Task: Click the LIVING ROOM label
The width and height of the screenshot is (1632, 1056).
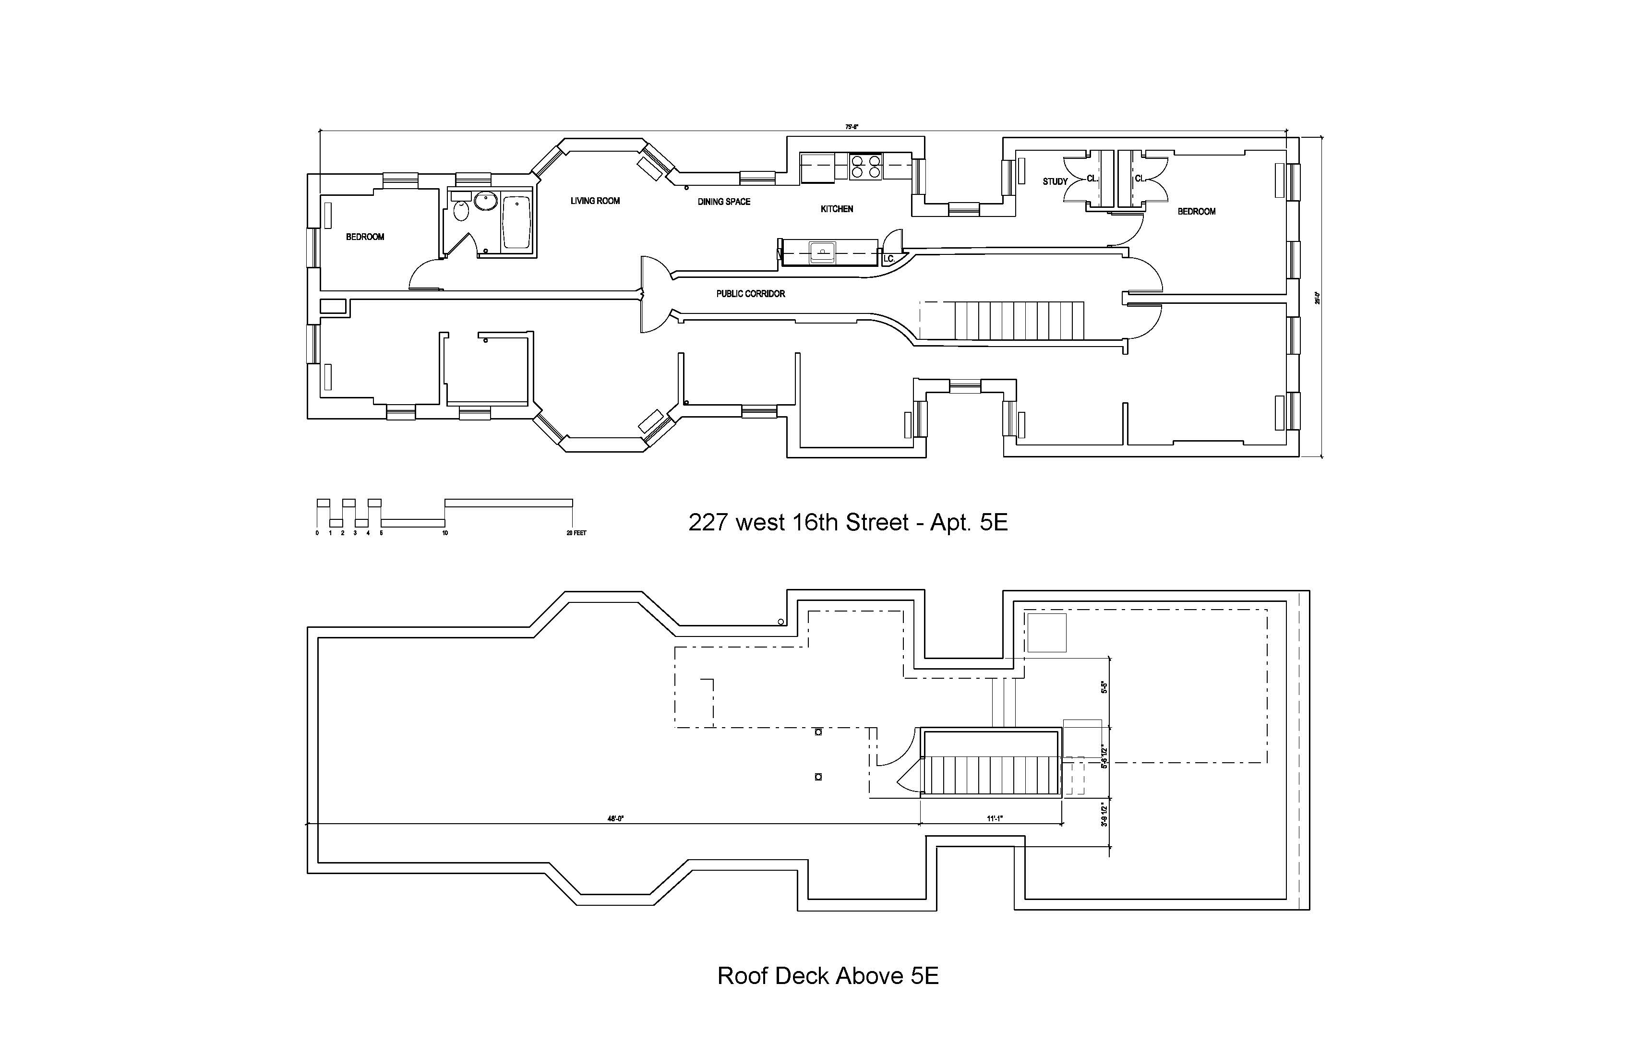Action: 595,201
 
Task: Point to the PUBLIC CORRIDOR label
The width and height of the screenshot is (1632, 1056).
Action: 750,293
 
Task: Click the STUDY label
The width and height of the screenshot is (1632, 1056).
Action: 1055,182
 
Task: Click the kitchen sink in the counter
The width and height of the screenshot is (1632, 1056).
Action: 822,252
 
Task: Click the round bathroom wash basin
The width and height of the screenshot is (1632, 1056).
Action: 485,201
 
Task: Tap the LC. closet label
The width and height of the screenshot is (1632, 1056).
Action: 888,259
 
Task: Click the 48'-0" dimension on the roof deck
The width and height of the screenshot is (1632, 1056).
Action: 615,818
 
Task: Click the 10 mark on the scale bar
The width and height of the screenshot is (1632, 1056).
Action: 445,533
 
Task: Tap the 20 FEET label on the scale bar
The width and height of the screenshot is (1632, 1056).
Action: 576,533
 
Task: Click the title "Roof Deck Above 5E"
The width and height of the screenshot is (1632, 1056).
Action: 828,976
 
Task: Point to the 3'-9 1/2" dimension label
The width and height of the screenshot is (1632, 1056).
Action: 1104,816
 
